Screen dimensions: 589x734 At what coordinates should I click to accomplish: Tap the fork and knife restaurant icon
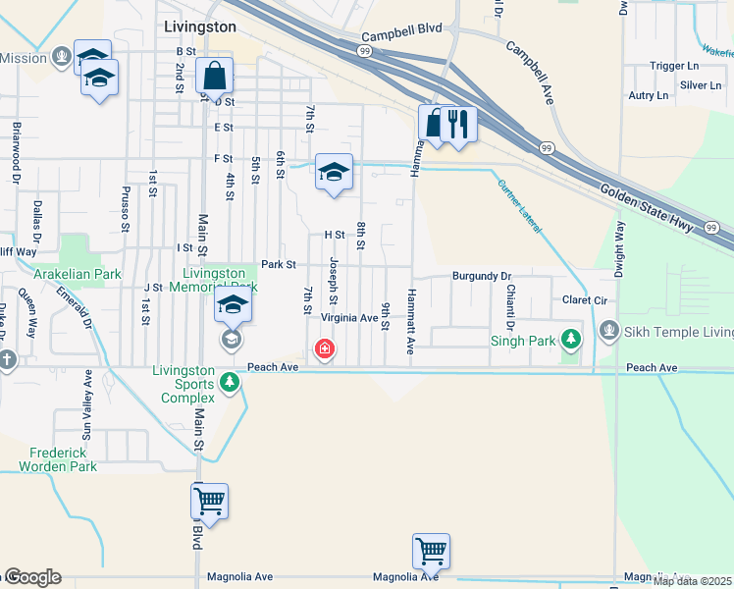[458, 124]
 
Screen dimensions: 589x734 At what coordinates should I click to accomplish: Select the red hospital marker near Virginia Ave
[323, 348]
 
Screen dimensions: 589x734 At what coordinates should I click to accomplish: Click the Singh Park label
[523, 341]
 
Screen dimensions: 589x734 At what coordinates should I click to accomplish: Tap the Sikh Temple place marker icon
[609, 331]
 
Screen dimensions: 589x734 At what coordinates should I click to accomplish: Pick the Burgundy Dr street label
[483, 277]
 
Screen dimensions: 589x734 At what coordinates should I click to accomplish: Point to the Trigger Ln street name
[672, 66]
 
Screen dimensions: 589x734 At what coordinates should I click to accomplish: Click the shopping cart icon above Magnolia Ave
[431, 552]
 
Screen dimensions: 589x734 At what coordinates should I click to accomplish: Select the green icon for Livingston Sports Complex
[230, 381]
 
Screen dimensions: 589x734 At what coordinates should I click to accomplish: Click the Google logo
[32, 577]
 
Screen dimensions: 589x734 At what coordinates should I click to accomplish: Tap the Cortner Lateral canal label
[519, 205]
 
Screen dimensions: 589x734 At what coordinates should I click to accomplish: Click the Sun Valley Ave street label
[88, 403]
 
